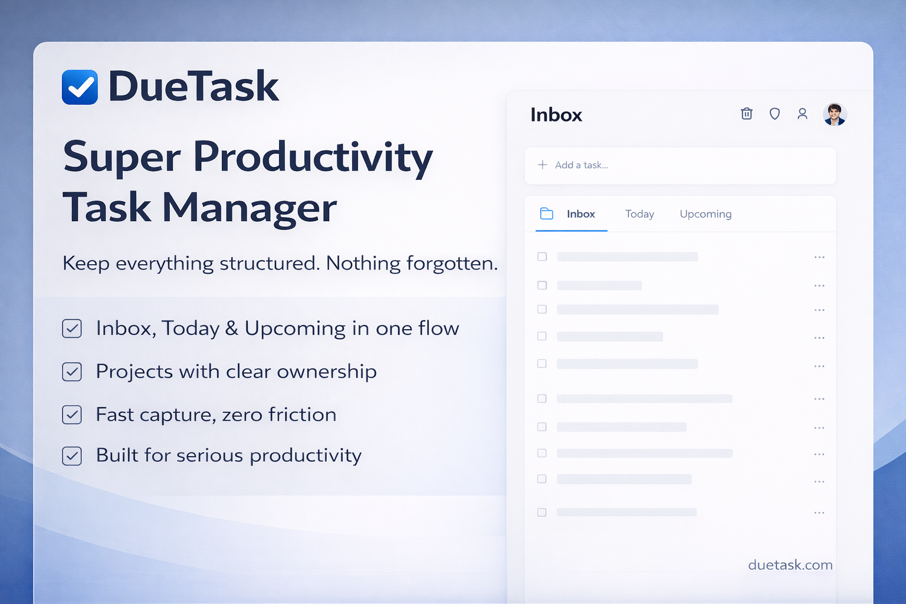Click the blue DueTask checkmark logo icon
pos(80,87)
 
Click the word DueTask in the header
pos(193,86)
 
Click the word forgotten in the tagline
pos(452,263)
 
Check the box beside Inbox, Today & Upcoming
pos(72,328)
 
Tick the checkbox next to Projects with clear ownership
pos(72,372)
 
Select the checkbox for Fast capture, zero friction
pos(72,415)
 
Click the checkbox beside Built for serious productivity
pos(72,456)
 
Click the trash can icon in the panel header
pos(747,114)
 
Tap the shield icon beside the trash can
pos(774,114)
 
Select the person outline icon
pos(802,114)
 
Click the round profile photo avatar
pos(835,114)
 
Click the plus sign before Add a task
pos(543,165)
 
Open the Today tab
pos(639,214)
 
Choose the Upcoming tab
pos(706,214)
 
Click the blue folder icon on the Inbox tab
pos(547,214)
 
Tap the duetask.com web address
pos(790,564)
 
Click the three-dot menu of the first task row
pos(819,257)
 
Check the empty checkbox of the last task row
pos(542,512)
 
